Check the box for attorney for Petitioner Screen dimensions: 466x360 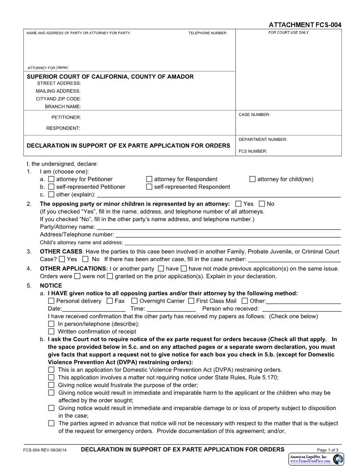(x=52, y=179)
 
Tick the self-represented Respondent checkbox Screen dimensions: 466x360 (x=149, y=187)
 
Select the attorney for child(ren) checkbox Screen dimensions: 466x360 (x=252, y=179)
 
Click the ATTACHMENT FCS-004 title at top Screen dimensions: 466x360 (x=305, y=25)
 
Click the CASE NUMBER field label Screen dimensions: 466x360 (x=254, y=115)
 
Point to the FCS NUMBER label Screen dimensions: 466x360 (x=253, y=151)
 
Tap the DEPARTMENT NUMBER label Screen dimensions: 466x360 (x=263, y=139)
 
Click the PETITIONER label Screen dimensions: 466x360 (x=66, y=117)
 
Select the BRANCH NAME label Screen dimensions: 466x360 (x=63, y=106)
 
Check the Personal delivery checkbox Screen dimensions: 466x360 (x=51, y=301)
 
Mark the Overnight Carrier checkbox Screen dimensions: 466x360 (x=135, y=301)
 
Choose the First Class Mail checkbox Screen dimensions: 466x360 (x=191, y=301)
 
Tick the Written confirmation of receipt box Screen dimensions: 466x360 (x=51, y=331)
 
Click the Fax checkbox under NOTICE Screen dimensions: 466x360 (x=109, y=301)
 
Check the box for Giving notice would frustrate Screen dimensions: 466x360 (x=52, y=385)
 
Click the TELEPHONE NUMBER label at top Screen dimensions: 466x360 (x=207, y=33)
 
